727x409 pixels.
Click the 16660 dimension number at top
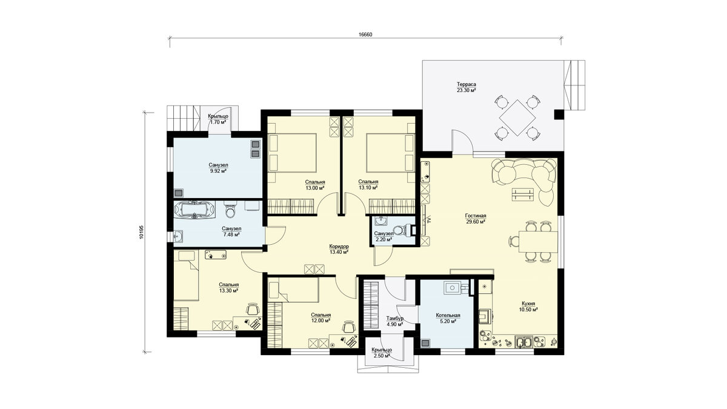tap(365, 35)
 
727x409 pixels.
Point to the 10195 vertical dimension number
tap(141, 233)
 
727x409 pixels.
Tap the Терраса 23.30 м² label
tap(466, 87)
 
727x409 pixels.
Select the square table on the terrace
tap(517, 118)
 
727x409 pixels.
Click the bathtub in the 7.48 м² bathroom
tap(194, 210)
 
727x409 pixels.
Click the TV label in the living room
tap(428, 220)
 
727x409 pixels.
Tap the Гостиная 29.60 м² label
tap(476, 219)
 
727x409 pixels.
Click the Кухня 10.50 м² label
tap(528, 307)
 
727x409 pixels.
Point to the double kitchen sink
tap(523, 342)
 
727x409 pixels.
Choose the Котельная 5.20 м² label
tap(448, 318)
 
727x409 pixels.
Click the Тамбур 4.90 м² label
tap(394, 321)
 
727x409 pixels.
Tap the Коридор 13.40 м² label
tap(339, 249)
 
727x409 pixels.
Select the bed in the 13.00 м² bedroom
tap(292, 153)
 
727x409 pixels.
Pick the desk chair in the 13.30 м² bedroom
tap(253, 308)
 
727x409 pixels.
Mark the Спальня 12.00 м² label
tap(320, 318)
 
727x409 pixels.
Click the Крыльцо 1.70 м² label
tap(218, 119)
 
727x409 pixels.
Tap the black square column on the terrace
tap(559, 115)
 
